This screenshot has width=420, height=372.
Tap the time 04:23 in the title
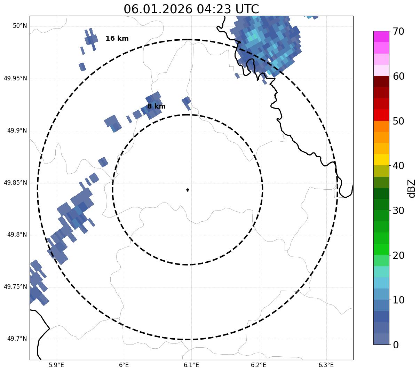coord(212,9)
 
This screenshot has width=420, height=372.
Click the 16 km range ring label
coord(117,39)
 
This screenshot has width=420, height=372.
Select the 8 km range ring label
coord(156,106)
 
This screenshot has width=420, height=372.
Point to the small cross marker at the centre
coord(188,190)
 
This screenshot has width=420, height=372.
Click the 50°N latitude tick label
coord(20,26)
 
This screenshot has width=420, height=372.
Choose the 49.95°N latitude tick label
coord(15,78)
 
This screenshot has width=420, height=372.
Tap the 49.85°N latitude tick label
coord(15,183)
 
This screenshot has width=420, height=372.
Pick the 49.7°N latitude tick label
coord(17,339)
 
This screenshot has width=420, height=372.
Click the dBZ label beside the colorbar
coord(412,188)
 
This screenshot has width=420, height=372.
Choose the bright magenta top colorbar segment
coord(381,37)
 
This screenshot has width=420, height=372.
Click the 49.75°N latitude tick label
coord(15,287)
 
